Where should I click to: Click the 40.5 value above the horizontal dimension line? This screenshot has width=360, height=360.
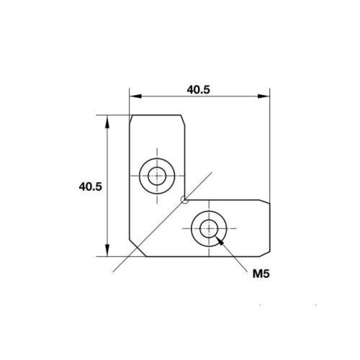coord(199,90)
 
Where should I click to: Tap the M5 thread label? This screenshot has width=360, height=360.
coord(261,273)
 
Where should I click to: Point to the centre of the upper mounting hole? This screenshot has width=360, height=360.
coord(156,175)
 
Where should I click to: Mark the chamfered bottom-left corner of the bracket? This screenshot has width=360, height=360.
coord(132,252)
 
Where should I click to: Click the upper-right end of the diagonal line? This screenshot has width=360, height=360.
coord(212,171)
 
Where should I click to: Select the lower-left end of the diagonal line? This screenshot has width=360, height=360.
coord(113,270)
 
